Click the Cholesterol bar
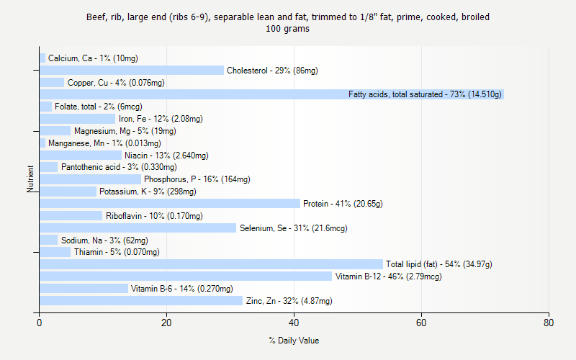tap(132, 71)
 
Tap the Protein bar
tap(170, 204)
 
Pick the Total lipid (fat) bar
tap(211, 264)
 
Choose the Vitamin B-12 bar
tap(186, 276)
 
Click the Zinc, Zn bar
tap(141, 301)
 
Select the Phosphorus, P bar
tap(90, 179)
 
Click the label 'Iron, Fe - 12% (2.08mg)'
tap(161, 119)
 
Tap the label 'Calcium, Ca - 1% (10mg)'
tap(93, 58)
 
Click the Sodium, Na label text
tap(104, 240)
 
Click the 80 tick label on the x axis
tap(549, 323)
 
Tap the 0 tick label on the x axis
tap(40, 323)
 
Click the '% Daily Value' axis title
tap(294, 341)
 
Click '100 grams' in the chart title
tap(288, 30)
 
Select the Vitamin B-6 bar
tap(84, 289)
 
